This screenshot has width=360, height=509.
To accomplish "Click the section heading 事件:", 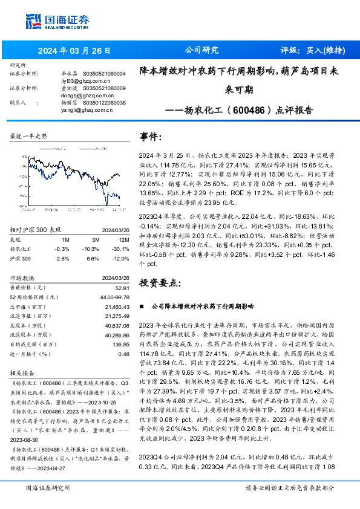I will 151,137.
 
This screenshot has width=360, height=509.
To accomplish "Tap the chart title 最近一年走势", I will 29,137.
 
